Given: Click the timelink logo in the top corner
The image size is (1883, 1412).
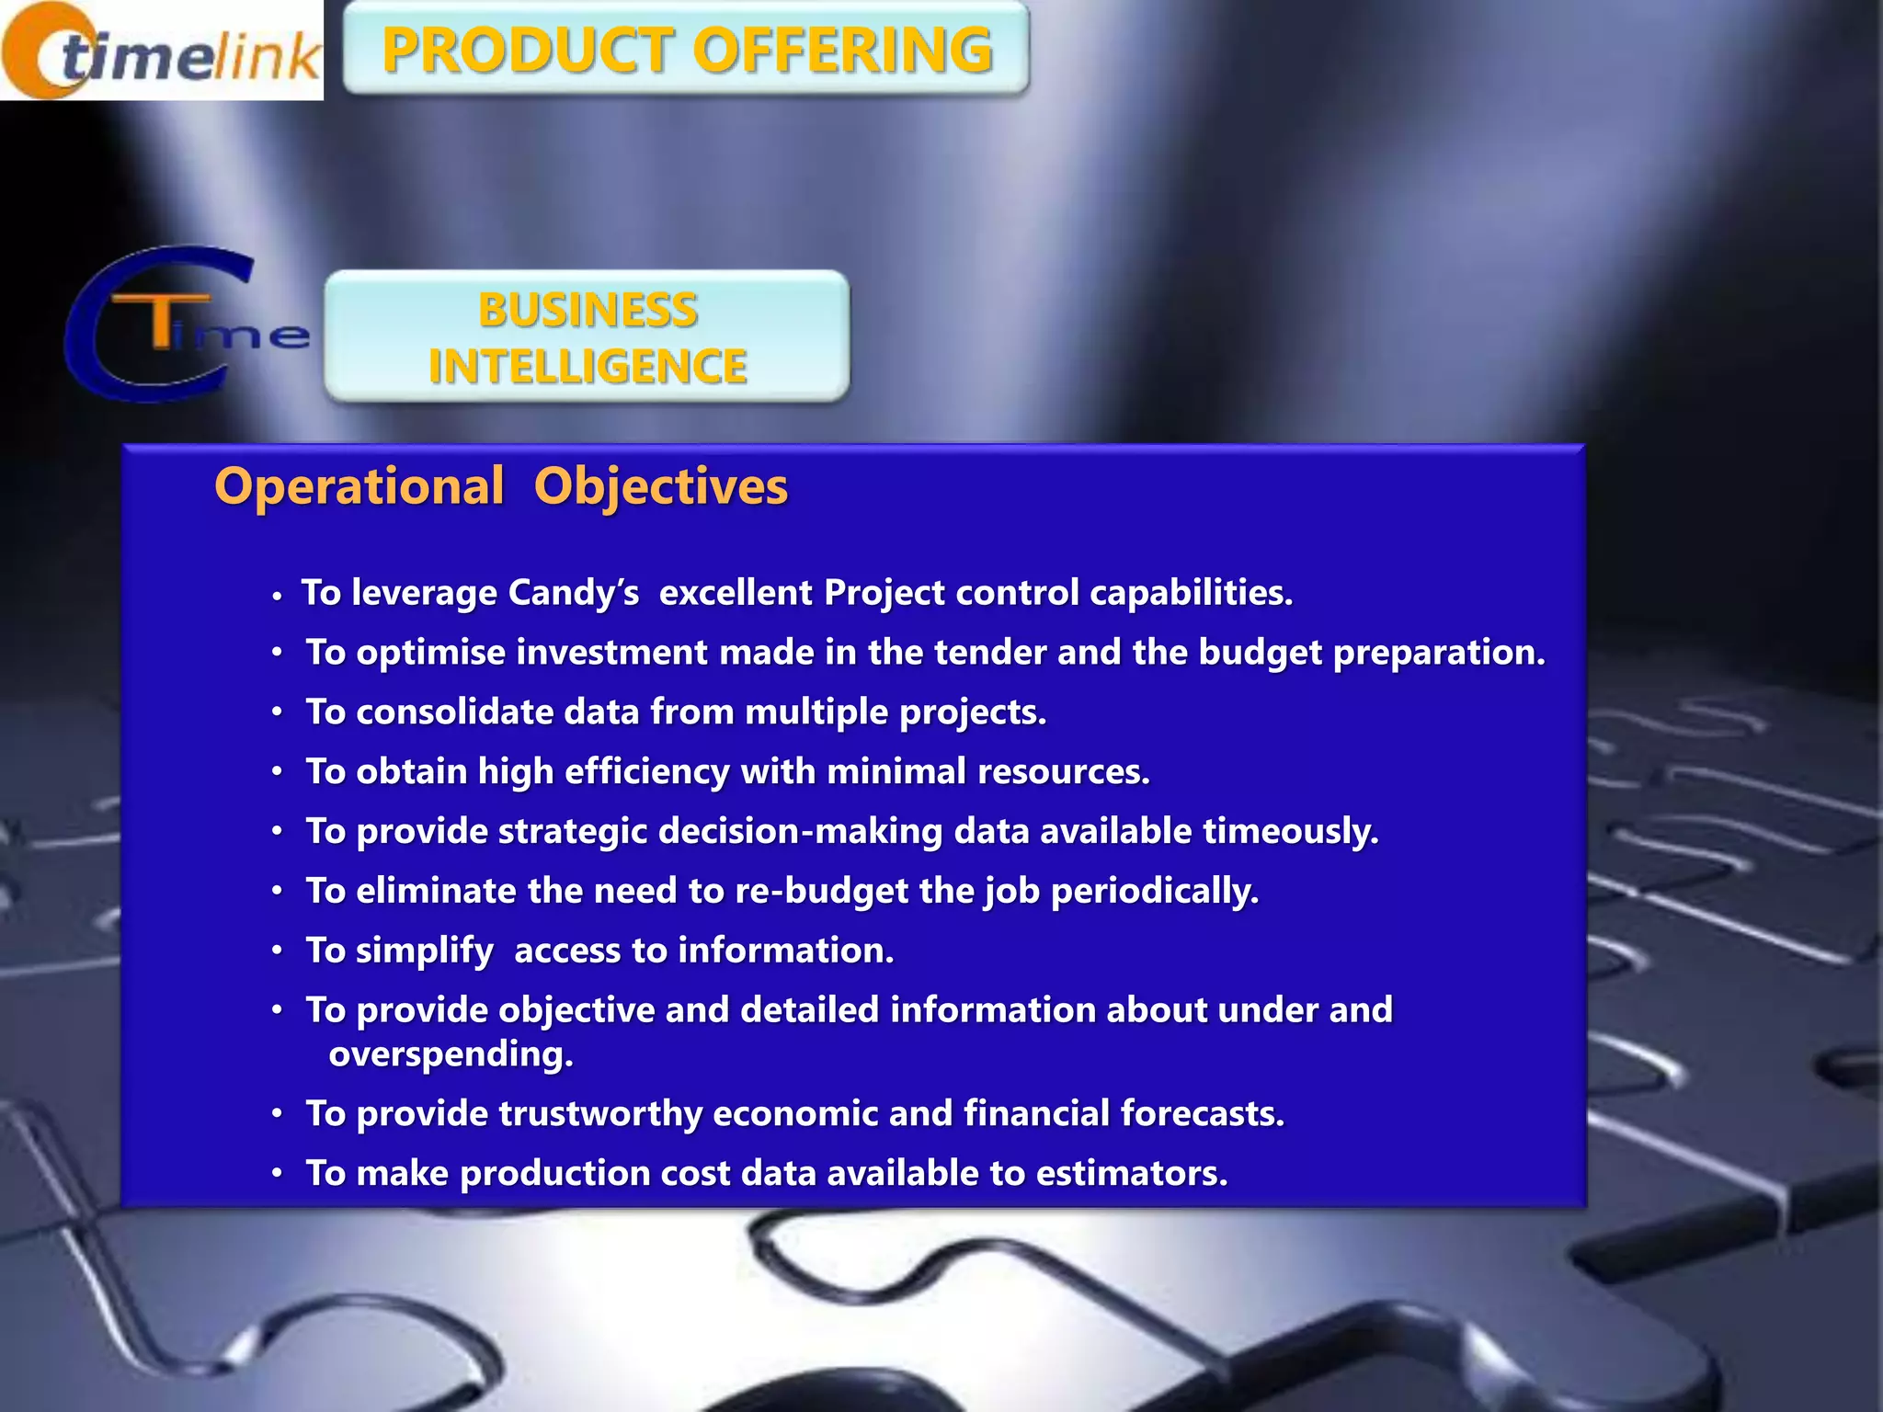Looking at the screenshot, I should pyautogui.click(x=162, y=51).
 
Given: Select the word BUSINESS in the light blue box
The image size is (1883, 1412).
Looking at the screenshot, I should pyautogui.click(x=588, y=310).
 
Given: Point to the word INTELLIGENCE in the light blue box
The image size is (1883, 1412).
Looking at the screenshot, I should pyautogui.click(x=588, y=366).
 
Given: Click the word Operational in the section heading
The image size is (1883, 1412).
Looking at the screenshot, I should pyautogui.click(x=359, y=485).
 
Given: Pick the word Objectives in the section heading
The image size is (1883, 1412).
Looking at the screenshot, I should pyautogui.click(x=661, y=486).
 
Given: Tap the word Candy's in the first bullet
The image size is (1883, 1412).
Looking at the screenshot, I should pyautogui.click(x=573, y=593).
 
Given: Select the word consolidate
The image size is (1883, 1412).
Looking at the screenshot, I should pyautogui.click(x=453, y=712).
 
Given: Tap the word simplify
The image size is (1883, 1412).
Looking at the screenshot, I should pyautogui.click(x=424, y=951).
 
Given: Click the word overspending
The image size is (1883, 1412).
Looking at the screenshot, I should pyautogui.click(x=451, y=1053).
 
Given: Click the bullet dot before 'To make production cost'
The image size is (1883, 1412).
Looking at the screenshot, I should pyautogui.click(x=277, y=1174).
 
